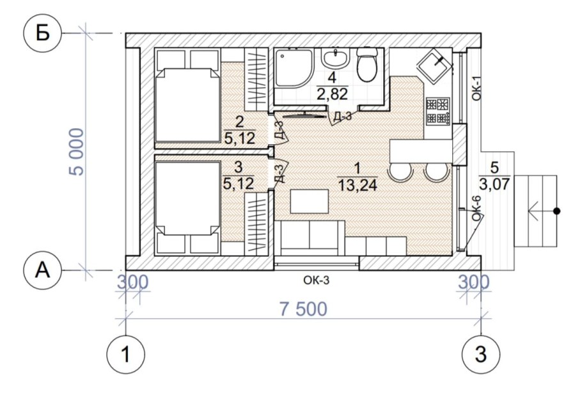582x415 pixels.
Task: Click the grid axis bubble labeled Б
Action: point(42,33)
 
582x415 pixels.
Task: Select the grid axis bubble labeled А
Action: point(42,270)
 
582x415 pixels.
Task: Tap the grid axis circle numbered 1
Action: point(126,354)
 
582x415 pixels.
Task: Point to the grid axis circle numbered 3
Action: point(481,354)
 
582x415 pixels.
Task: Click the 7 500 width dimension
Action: point(303,309)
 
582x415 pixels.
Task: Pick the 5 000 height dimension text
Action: point(77,152)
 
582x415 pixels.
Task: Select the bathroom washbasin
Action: point(336,58)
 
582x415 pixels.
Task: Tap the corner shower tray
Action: point(294,69)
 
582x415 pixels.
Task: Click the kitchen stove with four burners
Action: point(438,111)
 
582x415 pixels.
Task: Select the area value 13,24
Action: point(358,184)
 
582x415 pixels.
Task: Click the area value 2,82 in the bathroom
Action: point(332,94)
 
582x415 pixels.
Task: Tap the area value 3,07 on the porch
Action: point(494,184)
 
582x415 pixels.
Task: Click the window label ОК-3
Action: point(316,280)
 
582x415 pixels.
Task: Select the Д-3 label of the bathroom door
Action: point(342,117)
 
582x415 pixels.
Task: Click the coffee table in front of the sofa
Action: point(309,201)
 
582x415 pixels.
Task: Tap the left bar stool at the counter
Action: point(400,172)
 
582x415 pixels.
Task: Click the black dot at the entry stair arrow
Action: point(556,211)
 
